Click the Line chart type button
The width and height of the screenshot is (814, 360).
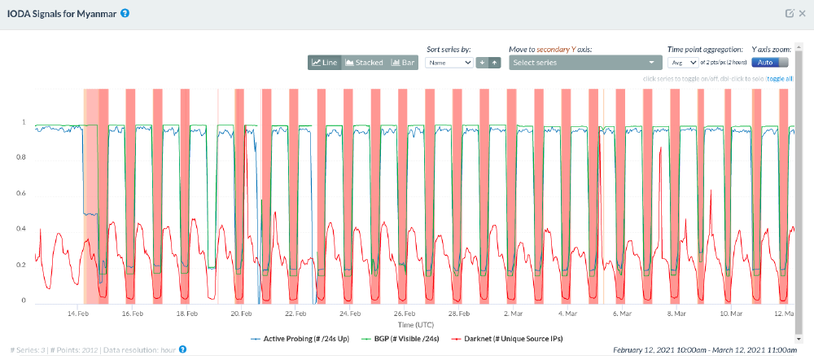click(x=324, y=63)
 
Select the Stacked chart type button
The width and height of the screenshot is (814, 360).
click(x=364, y=63)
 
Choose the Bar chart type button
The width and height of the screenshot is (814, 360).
click(x=403, y=63)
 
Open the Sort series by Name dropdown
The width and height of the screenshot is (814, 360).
click(x=449, y=63)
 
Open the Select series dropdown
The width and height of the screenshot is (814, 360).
click(x=584, y=63)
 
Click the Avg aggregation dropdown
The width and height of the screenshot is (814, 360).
click(x=682, y=63)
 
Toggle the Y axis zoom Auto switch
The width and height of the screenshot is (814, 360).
click(x=770, y=63)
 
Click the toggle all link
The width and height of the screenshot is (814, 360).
click(x=779, y=79)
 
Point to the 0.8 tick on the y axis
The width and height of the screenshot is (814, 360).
click(x=24, y=158)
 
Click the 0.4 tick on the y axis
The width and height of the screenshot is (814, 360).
click(x=24, y=230)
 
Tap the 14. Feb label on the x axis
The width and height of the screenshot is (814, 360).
click(x=79, y=314)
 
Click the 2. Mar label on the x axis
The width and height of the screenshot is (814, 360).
click(x=514, y=314)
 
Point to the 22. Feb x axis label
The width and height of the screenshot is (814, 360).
click(x=295, y=314)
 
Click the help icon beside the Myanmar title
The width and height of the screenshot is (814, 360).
click(x=125, y=14)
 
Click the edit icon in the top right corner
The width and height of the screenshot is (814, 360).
click(x=788, y=14)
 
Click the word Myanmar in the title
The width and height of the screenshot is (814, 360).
click(x=95, y=14)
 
